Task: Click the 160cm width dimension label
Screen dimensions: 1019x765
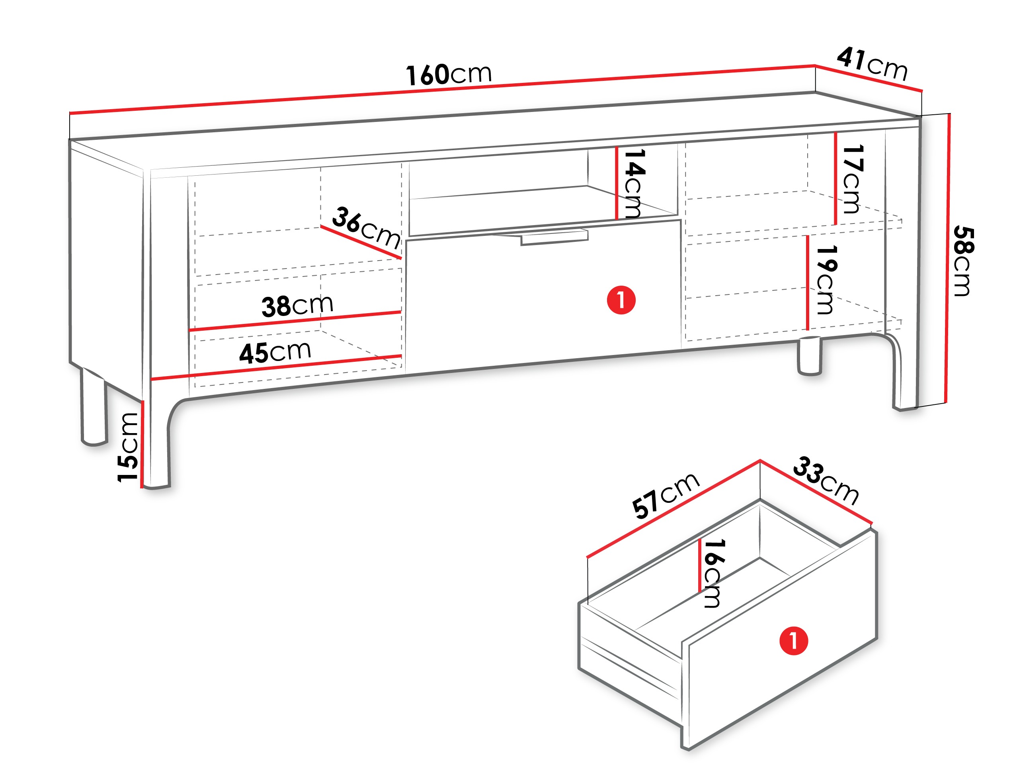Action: point(449,75)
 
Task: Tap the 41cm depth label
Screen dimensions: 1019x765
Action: point(872,64)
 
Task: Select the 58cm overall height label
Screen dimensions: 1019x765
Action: point(963,261)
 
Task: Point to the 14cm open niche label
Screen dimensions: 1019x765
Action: point(634,183)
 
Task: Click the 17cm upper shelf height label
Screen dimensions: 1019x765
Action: point(853,179)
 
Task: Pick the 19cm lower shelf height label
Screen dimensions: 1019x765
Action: point(826,279)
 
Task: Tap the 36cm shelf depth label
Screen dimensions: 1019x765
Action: point(367,228)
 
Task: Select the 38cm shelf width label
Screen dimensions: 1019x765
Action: point(297,305)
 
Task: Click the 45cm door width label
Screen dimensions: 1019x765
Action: point(275,352)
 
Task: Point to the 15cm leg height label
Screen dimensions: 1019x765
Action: point(128,447)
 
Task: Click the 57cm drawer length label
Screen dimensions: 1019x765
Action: point(666,495)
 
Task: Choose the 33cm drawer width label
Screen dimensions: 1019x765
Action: point(826,481)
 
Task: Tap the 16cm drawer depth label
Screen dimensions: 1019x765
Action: point(714,573)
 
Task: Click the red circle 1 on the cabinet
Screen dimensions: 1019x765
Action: point(621,300)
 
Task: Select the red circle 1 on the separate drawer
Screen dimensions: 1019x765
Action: point(793,641)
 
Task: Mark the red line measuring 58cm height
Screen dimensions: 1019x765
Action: point(948,258)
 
